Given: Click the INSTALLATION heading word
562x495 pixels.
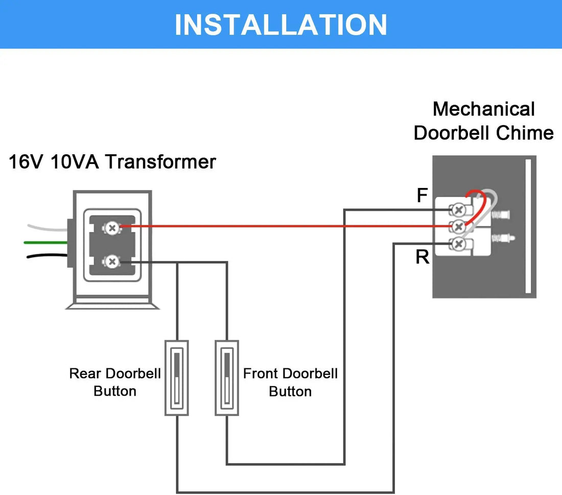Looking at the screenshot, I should click(x=280, y=25).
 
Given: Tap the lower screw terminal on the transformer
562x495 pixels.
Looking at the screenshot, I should click(x=112, y=262).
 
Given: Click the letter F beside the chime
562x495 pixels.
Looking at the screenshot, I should click(x=422, y=195).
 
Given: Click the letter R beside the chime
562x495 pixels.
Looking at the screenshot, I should click(x=422, y=257).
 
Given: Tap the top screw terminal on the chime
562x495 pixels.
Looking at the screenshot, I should click(x=458, y=209).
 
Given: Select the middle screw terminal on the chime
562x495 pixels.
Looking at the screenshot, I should click(x=458, y=226).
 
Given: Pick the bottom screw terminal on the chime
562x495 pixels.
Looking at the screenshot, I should click(x=458, y=244).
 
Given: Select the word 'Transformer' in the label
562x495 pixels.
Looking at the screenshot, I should click(x=160, y=162).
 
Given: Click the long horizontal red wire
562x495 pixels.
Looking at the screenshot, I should click(x=281, y=226).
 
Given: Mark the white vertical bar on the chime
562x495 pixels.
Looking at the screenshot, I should click(x=528, y=227).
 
